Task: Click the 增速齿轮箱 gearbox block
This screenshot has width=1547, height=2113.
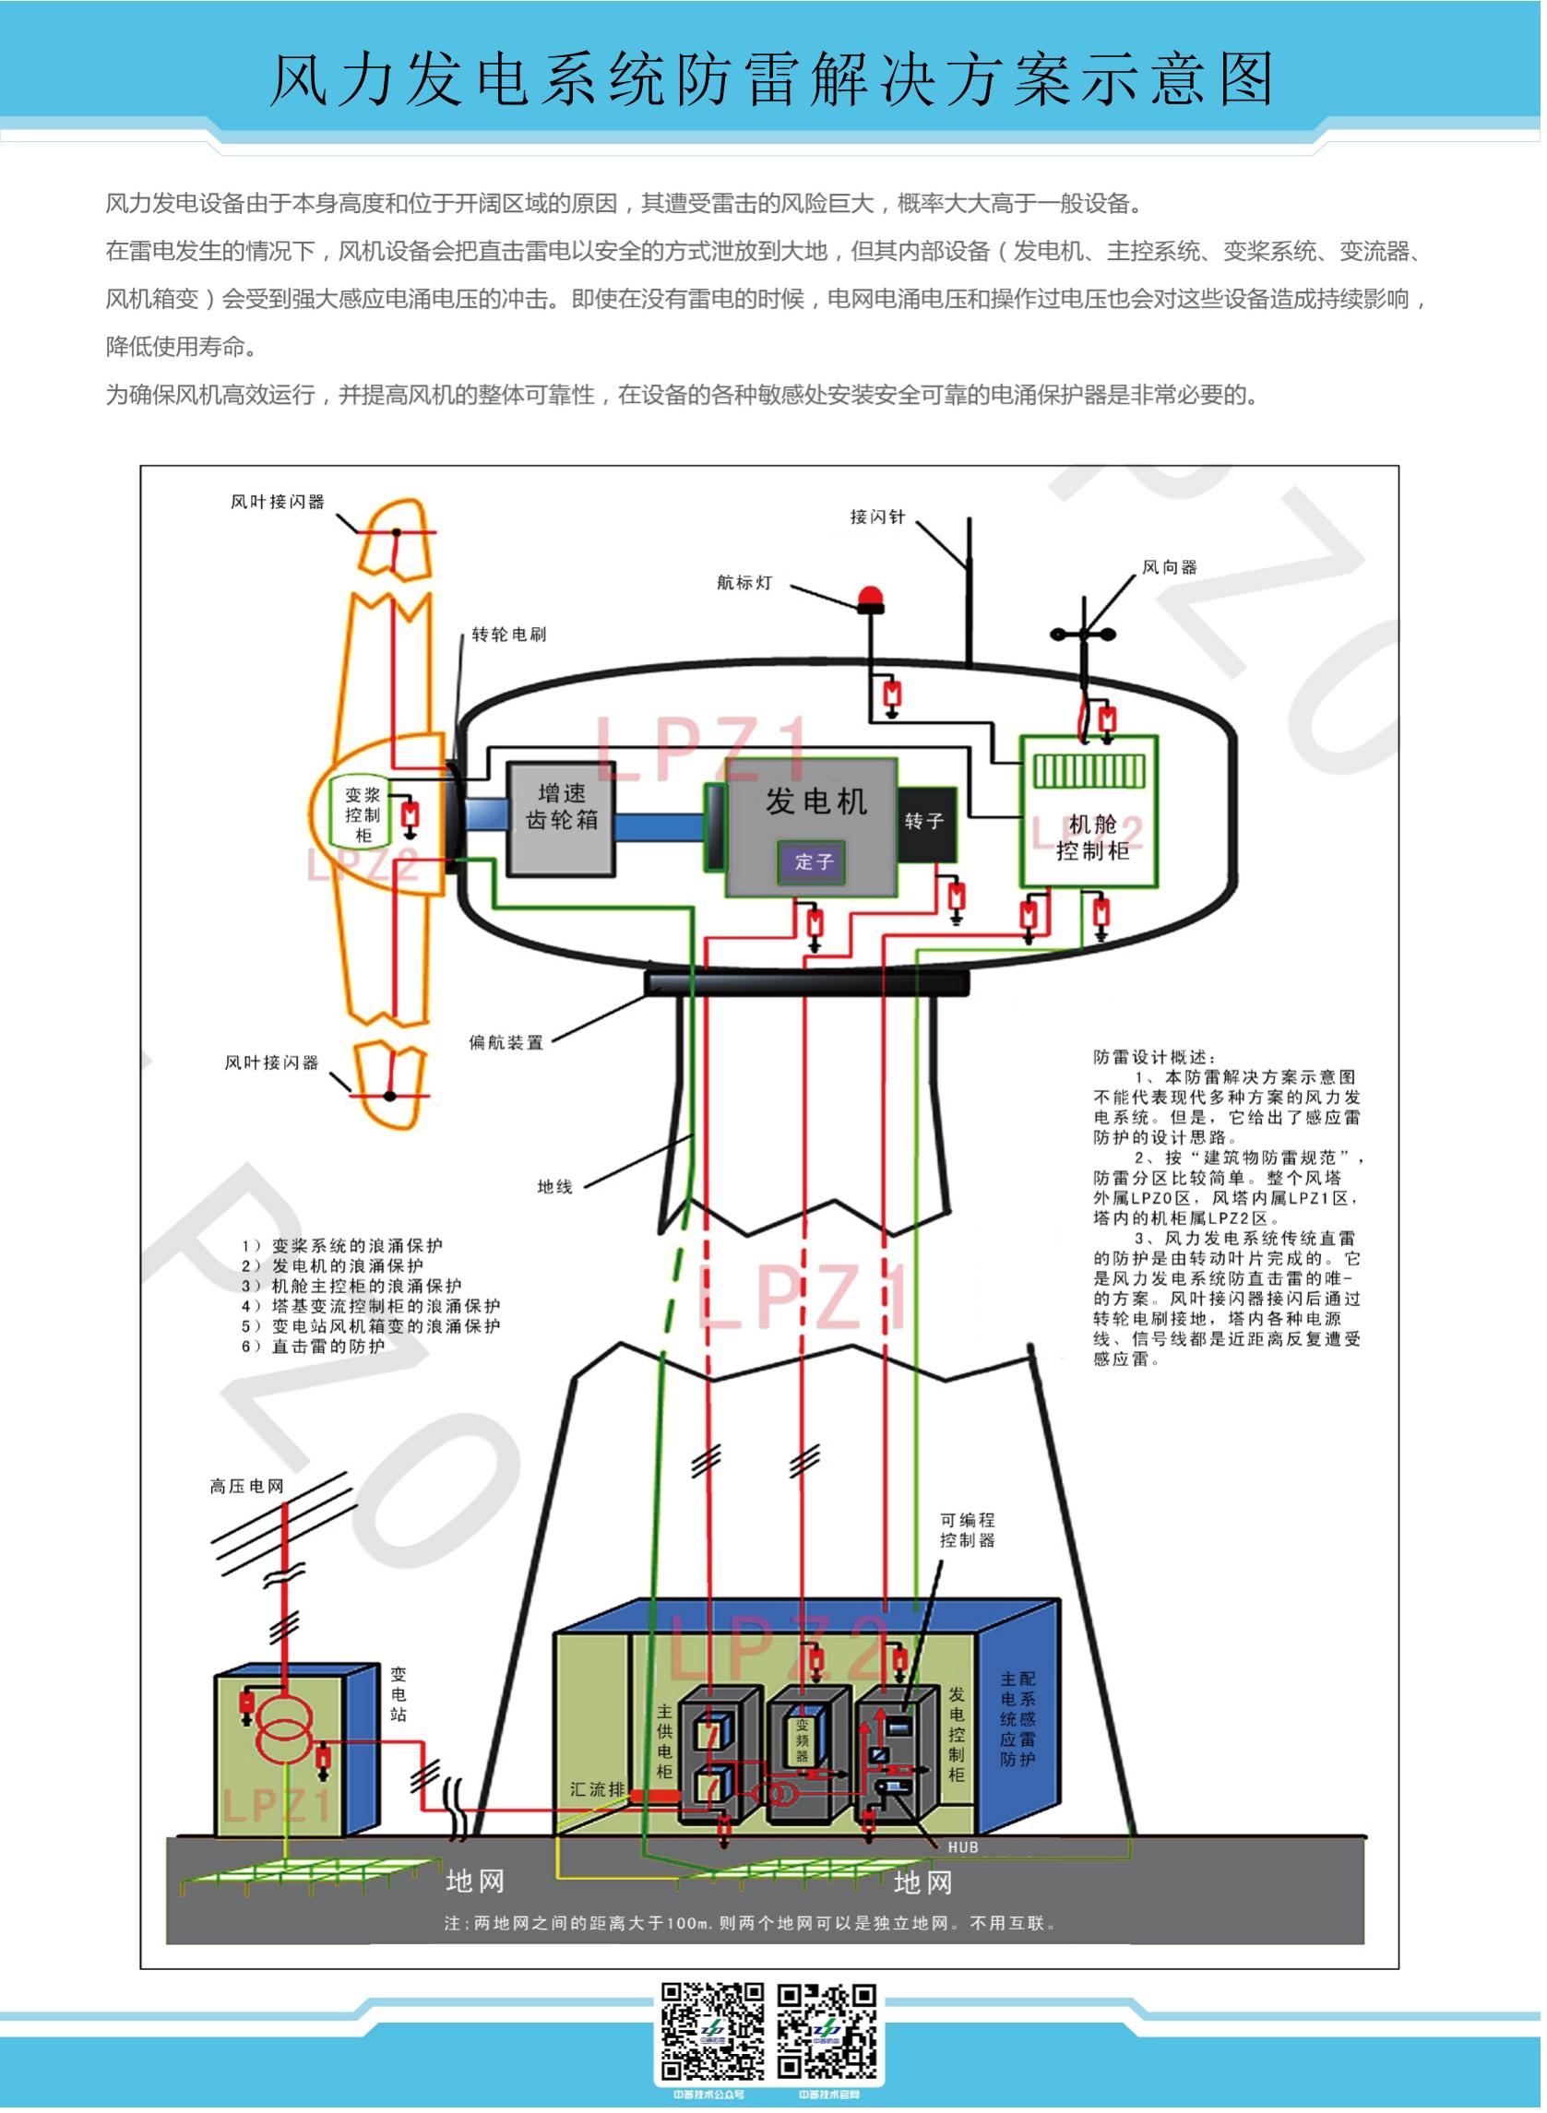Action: pos(561,818)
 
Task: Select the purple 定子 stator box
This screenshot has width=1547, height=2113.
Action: pos(812,861)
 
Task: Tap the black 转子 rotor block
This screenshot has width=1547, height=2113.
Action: pos(925,822)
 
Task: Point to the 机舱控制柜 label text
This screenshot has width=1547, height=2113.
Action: pos(1092,837)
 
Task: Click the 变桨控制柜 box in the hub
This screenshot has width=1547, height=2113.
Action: pos(363,814)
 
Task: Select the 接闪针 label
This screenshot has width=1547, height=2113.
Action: pos(877,516)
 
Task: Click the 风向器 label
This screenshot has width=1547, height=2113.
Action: pos(1170,567)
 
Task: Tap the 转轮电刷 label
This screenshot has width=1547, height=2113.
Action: pos(508,635)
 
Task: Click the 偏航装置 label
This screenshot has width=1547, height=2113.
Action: pos(506,1042)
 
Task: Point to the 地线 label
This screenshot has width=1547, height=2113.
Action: pos(554,1187)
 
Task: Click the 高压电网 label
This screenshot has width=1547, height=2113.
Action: pos(246,1486)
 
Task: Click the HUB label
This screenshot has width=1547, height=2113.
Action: pos(963,1847)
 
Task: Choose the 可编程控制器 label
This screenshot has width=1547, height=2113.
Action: pos(968,1530)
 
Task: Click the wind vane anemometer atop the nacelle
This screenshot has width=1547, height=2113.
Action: pos(1085,634)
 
